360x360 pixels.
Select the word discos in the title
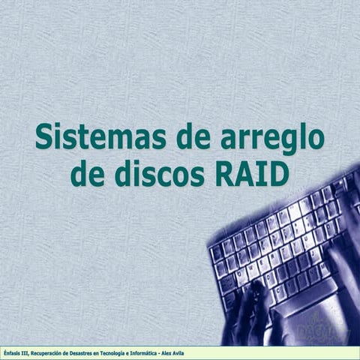(158, 174)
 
